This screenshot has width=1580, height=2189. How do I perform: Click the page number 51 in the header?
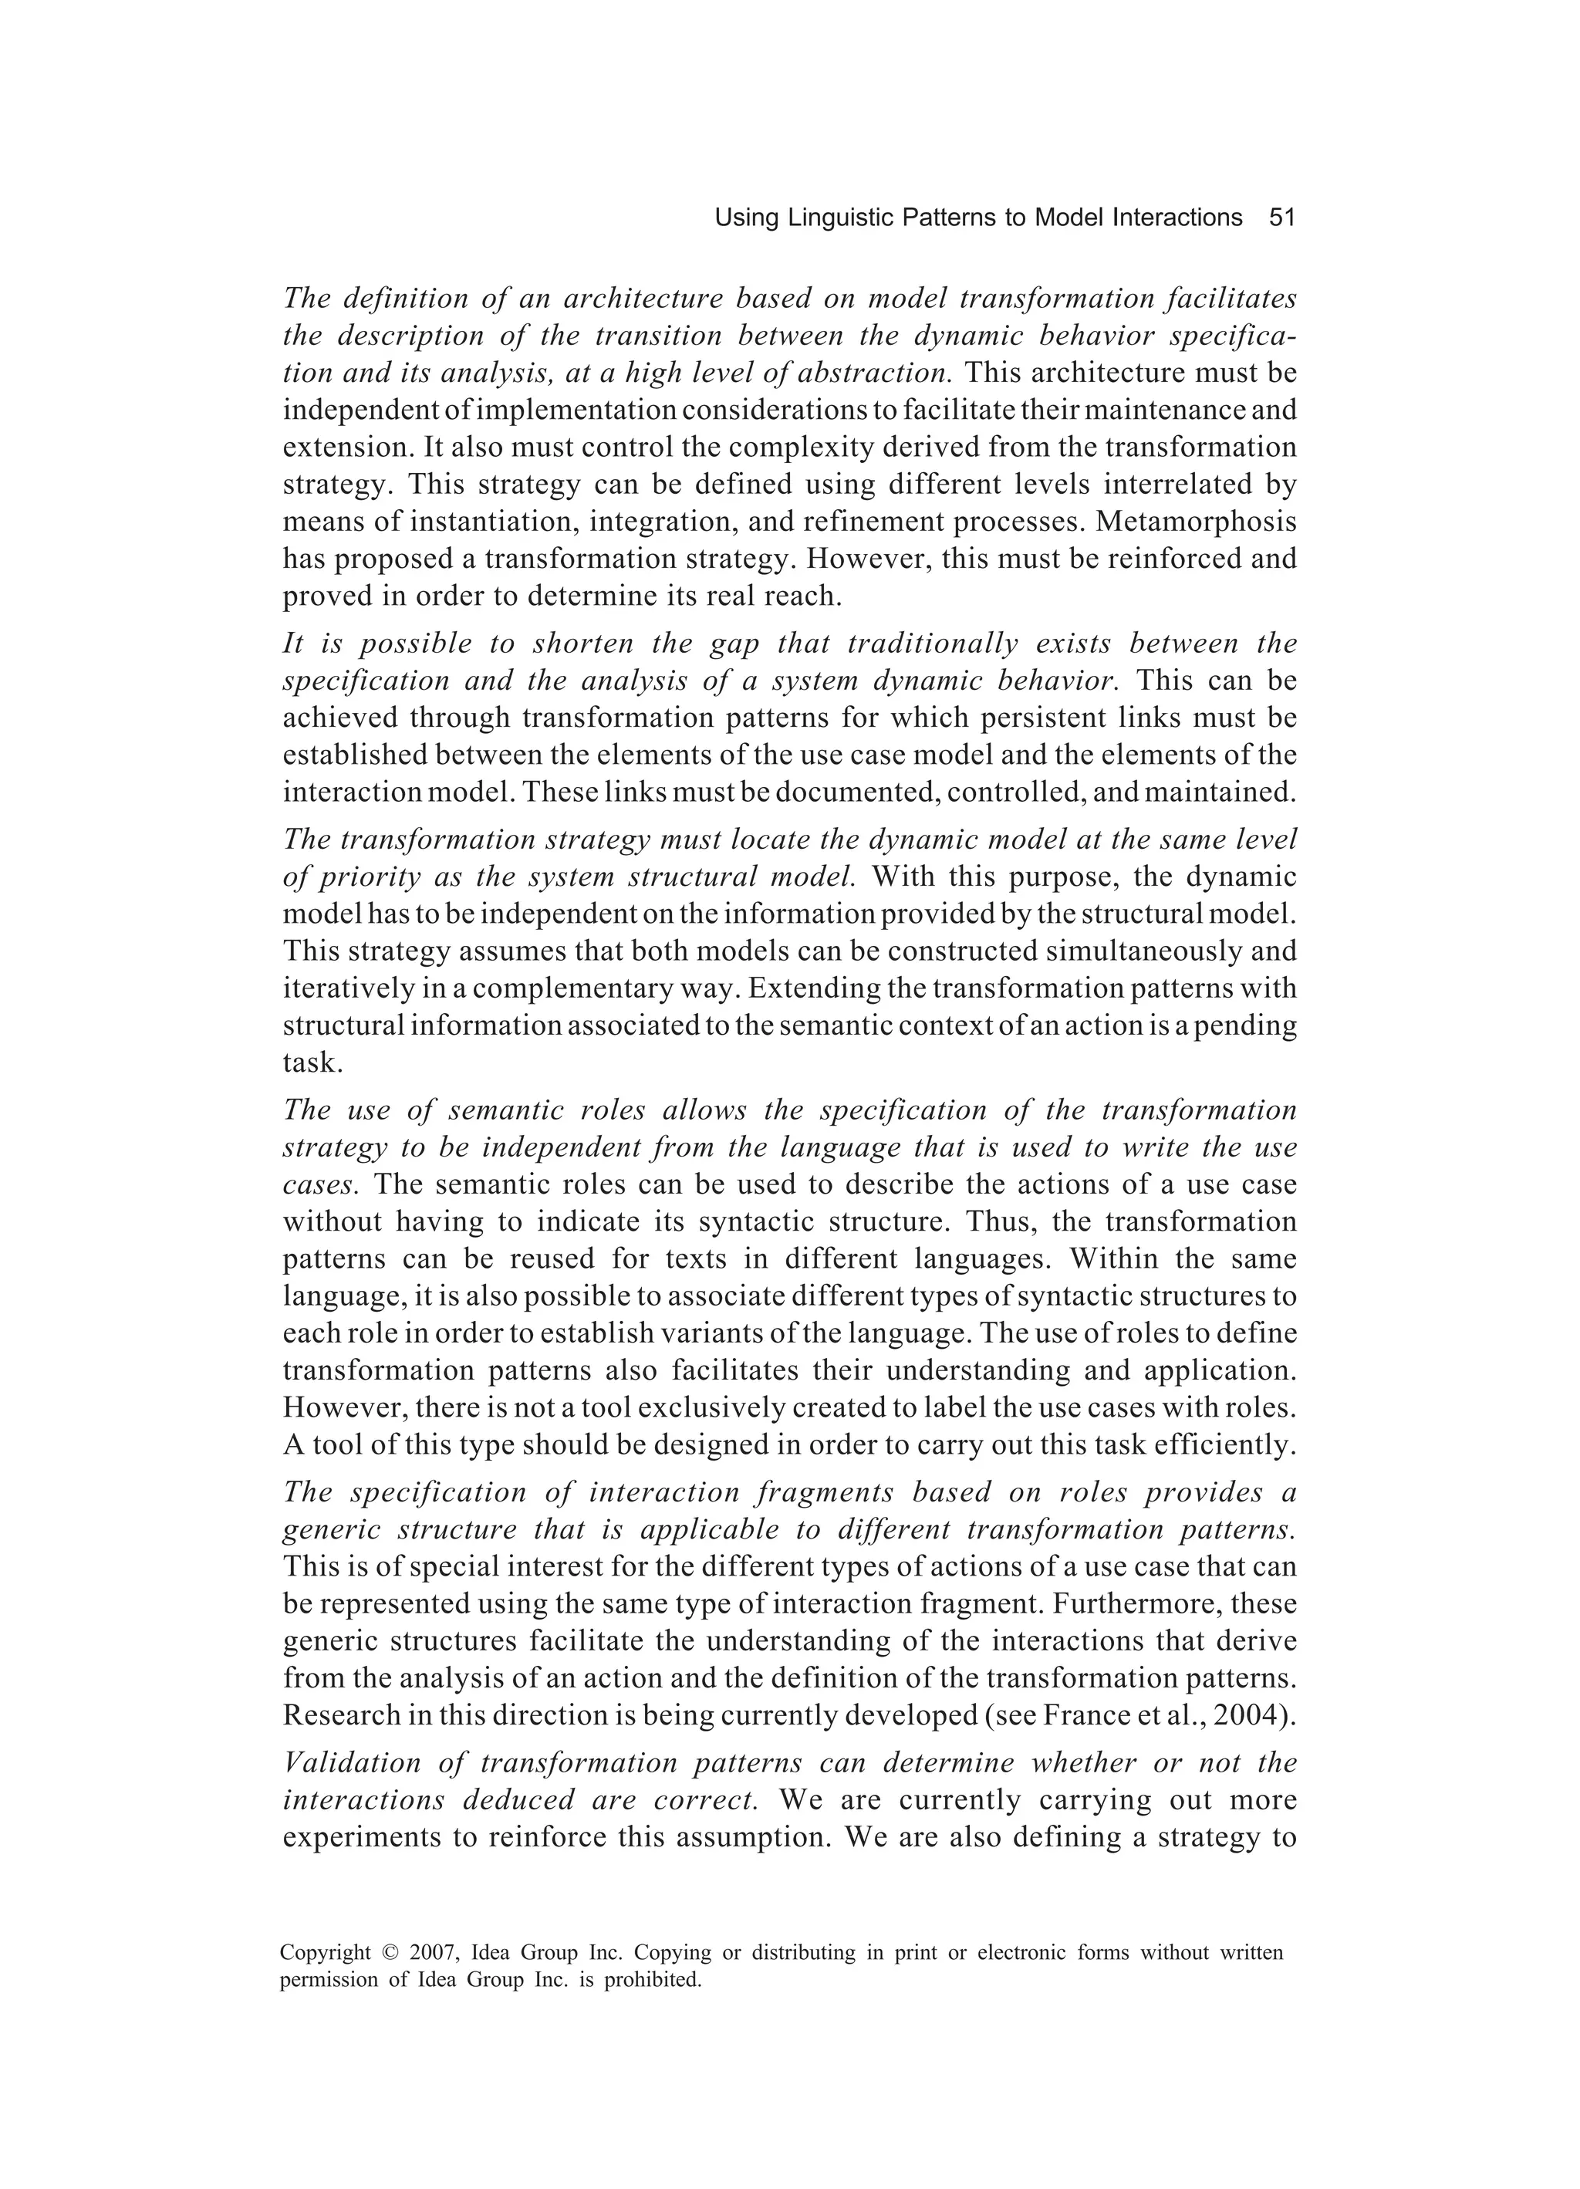click(1281, 218)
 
